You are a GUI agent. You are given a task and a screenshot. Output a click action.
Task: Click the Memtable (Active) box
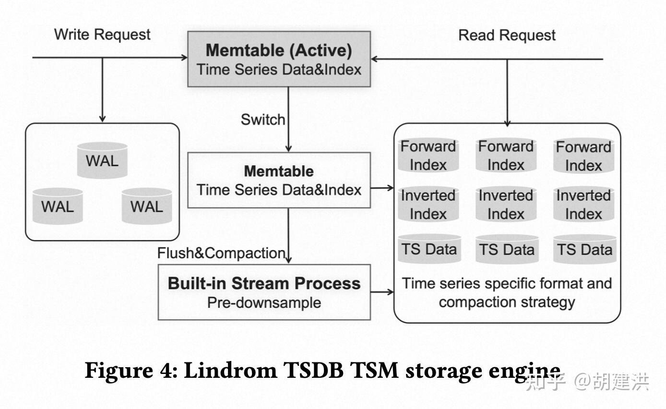click(x=279, y=59)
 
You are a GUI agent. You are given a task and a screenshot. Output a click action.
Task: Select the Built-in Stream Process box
click(x=264, y=292)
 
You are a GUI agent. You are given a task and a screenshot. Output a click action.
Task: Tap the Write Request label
click(x=102, y=35)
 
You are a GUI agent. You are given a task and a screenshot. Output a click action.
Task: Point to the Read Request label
click(x=507, y=35)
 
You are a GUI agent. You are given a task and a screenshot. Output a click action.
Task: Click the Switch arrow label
click(x=262, y=120)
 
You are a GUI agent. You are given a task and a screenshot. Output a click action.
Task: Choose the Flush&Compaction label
click(x=222, y=253)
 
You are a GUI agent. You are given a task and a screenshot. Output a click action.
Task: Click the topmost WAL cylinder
click(x=102, y=160)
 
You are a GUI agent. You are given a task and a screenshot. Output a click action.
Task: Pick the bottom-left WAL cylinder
click(x=58, y=206)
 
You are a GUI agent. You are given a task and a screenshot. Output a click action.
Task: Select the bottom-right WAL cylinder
click(x=147, y=206)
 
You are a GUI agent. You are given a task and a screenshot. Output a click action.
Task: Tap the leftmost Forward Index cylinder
click(x=428, y=156)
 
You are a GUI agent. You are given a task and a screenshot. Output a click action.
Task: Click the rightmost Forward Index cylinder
click(x=583, y=156)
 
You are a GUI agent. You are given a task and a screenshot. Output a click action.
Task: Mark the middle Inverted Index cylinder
click(x=506, y=204)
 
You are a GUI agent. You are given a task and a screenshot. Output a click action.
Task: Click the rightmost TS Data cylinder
click(x=584, y=250)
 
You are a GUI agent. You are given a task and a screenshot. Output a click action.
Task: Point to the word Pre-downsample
click(x=264, y=303)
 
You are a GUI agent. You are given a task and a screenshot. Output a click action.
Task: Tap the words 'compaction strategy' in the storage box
click(x=507, y=302)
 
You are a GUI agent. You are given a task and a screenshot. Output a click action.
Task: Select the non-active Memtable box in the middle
click(x=279, y=180)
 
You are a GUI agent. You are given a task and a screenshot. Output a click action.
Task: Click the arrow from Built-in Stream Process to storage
click(x=382, y=292)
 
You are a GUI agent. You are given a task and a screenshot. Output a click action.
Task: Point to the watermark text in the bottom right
click(x=588, y=382)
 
